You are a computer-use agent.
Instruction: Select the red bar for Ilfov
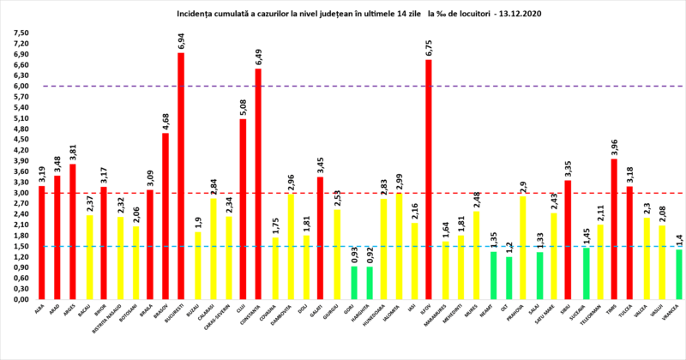click(x=430, y=179)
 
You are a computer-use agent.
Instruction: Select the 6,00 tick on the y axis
click(x=19, y=86)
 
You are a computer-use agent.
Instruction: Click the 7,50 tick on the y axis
click(x=19, y=33)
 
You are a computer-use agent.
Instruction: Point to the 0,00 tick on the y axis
click(x=19, y=300)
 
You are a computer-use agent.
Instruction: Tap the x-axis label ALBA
click(x=39, y=311)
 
